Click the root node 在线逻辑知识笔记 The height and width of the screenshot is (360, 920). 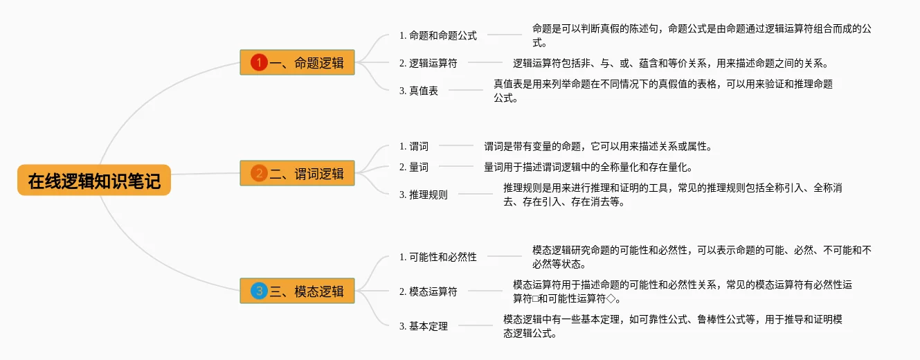[x=93, y=181]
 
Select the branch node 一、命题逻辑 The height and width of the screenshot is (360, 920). [x=297, y=63]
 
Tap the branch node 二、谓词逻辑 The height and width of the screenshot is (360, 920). [x=297, y=173]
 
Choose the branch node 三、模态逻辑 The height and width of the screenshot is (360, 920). [x=297, y=291]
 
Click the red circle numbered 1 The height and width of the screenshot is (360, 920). [x=259, y=63]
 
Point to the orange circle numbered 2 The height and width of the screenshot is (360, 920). [x=259, y=173]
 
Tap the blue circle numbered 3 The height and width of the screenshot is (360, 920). [x=259, y=291]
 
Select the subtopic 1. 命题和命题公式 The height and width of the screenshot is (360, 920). [x=438, y=35]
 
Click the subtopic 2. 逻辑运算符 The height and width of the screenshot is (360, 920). [x=428, y=63]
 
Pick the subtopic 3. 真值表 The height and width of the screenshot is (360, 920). [x=419, y=91]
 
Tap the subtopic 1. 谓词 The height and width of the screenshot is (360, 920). [x=414, y=146]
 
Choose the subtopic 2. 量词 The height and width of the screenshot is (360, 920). [x=414, y=167]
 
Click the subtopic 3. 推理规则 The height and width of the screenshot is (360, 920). [x=424, y=195]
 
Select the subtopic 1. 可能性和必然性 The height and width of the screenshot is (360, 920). [x=438, y=257]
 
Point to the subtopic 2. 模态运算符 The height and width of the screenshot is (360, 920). [x=428, y=291]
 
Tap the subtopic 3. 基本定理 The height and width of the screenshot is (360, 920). [x=424, y=326]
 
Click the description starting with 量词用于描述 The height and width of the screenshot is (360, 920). [x=588, y=167]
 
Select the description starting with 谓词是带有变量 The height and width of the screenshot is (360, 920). [x=597, y=146]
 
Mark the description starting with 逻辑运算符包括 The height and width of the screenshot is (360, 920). [x=670, y=63]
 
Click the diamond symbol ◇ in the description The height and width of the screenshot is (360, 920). [x=610, y=299]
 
